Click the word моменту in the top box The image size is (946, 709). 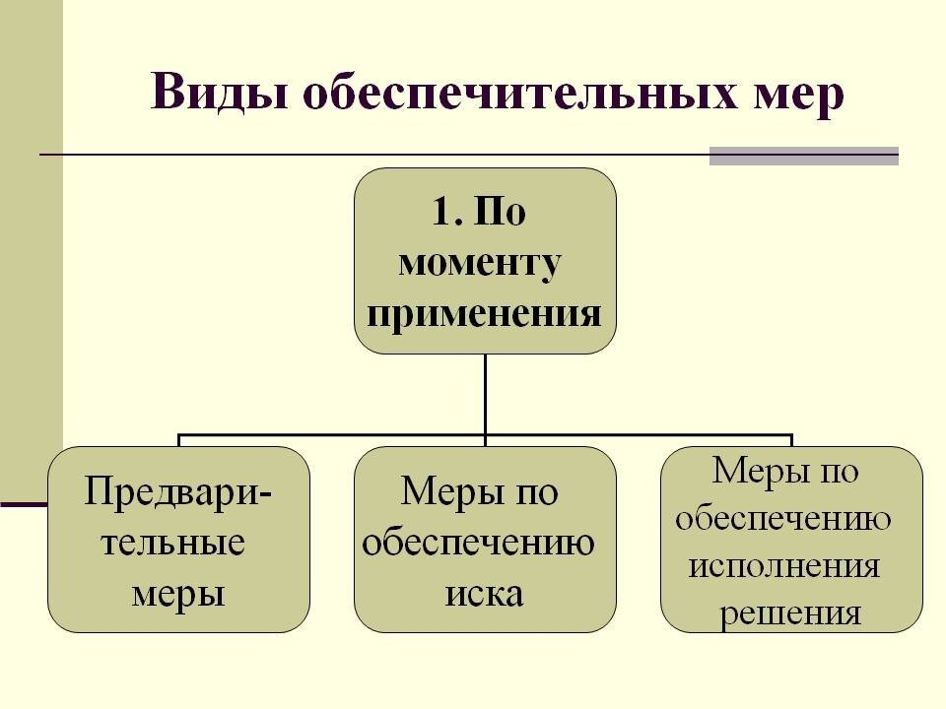(x=483, y=263)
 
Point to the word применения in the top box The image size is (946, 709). (x=485, y=315)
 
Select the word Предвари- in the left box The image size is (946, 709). (x=179, y=490)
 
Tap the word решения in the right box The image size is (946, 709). (x=790, y=614)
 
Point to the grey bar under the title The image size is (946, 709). (x=804, y=156)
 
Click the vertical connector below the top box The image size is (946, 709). (x=485, y=394)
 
